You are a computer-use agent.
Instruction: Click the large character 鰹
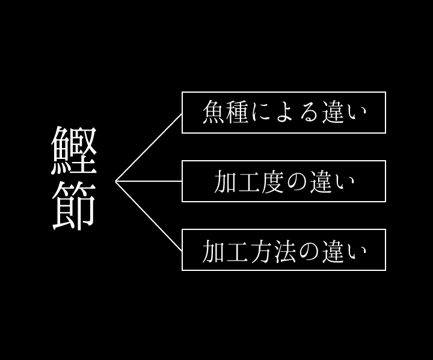tap(74, 151)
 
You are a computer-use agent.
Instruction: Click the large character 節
tap(74, 206)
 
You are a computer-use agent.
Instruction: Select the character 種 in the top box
tap(237, 112)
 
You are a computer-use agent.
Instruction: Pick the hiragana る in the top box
tap(309, 113)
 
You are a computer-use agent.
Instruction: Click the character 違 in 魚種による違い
tap(333, 112)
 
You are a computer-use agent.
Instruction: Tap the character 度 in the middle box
tap(272, 181)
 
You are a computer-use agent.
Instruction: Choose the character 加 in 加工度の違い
tap(225, 181)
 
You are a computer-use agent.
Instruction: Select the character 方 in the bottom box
tap(260, 251)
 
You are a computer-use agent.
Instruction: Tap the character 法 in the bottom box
tap(284, 251)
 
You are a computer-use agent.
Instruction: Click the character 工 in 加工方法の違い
tap(237, 251)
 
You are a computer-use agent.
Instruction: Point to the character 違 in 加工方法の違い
tap(333, 251)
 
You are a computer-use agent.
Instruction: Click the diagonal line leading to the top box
tap(149, 147)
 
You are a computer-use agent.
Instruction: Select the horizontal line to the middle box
tap(149, 181)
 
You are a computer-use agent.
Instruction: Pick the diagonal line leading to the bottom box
tap(149, 216)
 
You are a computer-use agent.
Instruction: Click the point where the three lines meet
tap(115, 181)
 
